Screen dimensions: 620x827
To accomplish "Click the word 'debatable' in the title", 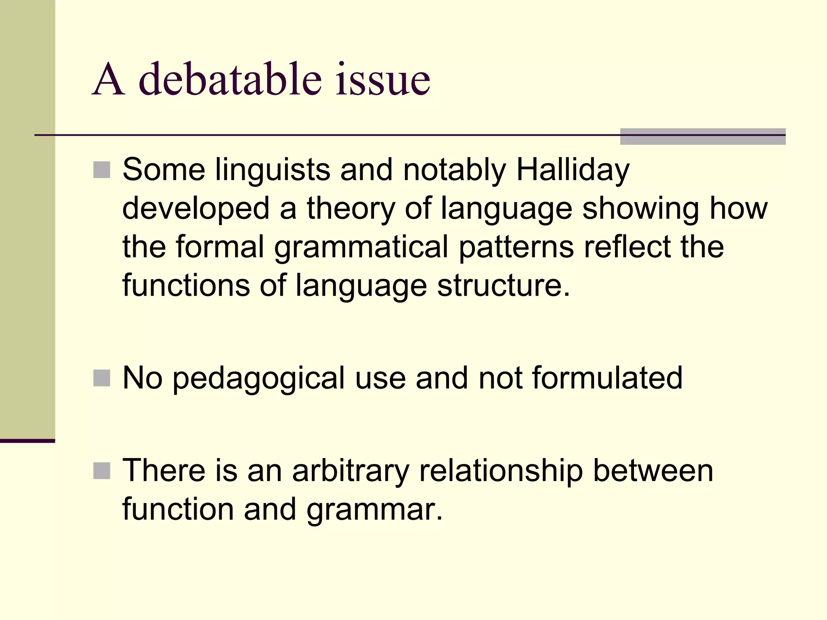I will pyautogui.click(x=230, y=79).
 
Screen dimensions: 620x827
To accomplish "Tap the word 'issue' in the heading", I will pyautogui.click(x=382, y=79).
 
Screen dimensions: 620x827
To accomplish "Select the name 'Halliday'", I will pyautogui.click(x=573, y=170).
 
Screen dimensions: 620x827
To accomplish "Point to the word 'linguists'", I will pyautogui.click(x=273, y=170).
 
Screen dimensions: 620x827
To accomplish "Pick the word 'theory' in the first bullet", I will pyautogui.click(x=350, y=208).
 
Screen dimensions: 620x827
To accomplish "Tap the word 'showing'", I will pyautogui.click(x=640, y=208).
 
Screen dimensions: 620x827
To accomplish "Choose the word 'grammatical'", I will pyautogui.click(x=361, y=247).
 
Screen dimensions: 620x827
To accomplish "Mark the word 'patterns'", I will pyautogui.click(x=516, y=247).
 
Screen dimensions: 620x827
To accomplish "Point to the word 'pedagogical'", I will pyautogui.click(x=258, y=378).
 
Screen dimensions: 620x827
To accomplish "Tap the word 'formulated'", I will pyautogui.click(x=607, y=378).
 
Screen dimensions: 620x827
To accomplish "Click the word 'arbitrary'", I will pyautogui.click(x=351, y=471).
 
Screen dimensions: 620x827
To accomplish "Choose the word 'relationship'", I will pyautogui.click(x=501, y=471).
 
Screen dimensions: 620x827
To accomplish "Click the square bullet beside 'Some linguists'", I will pyautogui.click(x=102, y=170).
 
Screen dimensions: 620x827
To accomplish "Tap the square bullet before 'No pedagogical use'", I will pyautogui.click(x=102, y=378).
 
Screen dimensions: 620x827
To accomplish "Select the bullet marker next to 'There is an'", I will pyautogui.click(x=102, y=471).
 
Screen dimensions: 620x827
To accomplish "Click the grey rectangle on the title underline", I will pyautogui.click(x=703, y=136).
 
